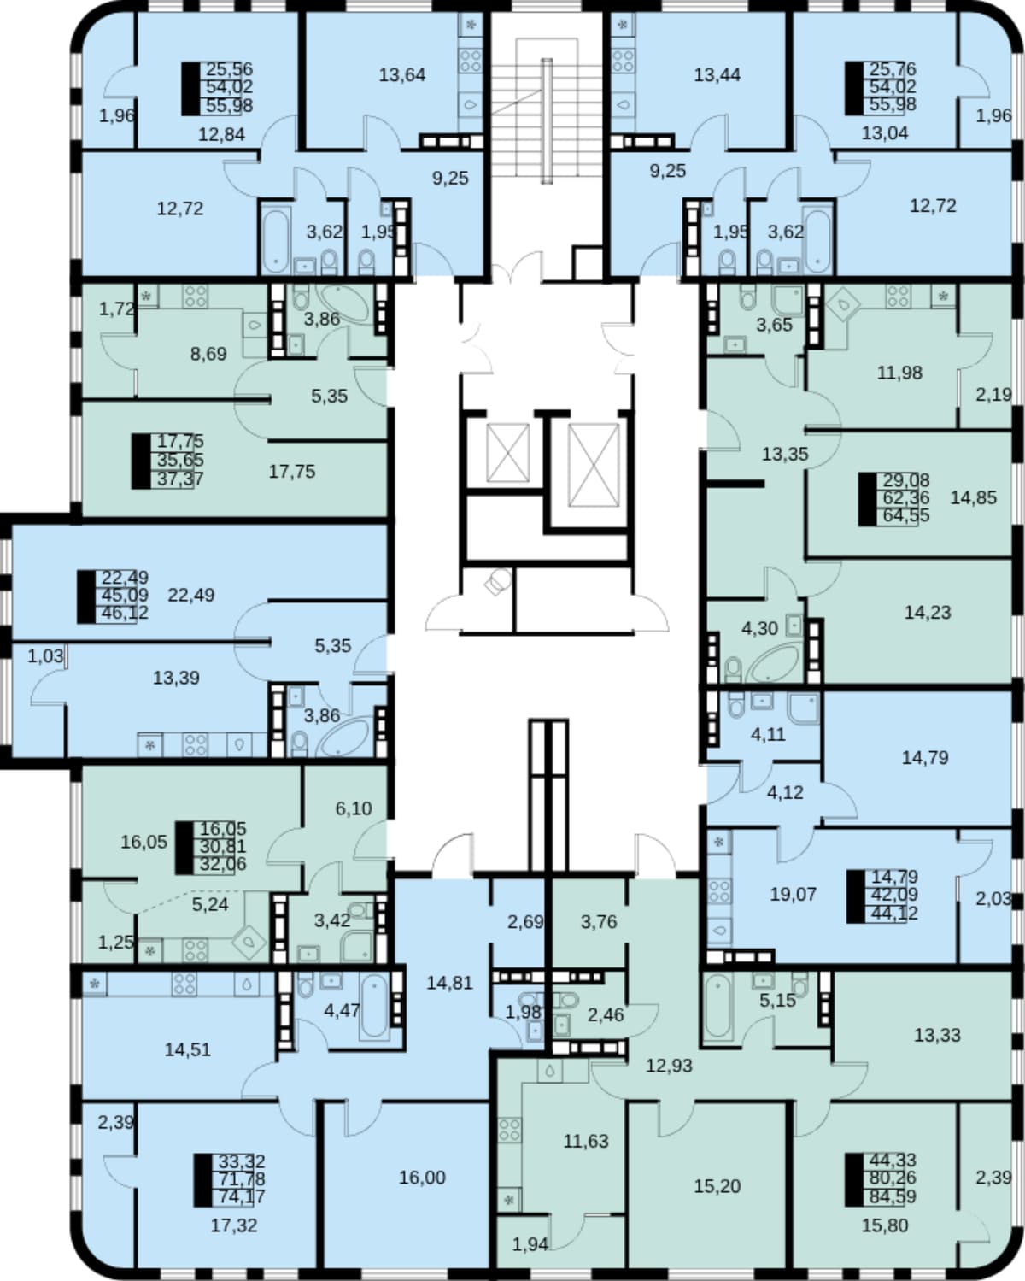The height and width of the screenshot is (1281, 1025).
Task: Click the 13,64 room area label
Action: coord(402,75)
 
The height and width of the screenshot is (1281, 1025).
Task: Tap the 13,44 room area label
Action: coord(717,75)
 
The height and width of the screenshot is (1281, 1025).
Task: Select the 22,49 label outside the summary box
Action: coord(191,595)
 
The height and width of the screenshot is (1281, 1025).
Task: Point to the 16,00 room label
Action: coord(422,1177)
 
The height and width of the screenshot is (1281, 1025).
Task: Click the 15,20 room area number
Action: coord(717,1186)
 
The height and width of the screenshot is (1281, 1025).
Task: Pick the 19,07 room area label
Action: coord(793,894)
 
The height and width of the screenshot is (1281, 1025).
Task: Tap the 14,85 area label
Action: coord(973,497)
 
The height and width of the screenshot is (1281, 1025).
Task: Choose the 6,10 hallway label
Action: coord(354,808)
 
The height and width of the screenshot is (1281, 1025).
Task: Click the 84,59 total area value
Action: coord(893,1196)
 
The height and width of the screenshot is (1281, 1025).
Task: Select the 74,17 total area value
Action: coord(242,1196)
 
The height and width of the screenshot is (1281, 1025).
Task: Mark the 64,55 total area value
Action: coord(906,515)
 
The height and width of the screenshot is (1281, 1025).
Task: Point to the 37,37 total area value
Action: coord(180,479)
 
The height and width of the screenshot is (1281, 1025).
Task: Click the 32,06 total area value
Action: coord(222,864)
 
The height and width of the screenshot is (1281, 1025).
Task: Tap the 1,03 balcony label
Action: coord(45,656)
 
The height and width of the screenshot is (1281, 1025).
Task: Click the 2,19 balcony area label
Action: coord(993,394)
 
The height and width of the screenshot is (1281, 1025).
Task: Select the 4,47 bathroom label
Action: coord(342,1010)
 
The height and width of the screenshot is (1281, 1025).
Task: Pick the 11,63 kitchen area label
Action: coord(586,1141)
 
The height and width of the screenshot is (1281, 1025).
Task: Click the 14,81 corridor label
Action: coord(450,983)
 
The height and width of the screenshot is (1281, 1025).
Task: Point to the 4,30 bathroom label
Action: coord(759,629)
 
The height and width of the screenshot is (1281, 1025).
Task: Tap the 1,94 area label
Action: coord(530,1244)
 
